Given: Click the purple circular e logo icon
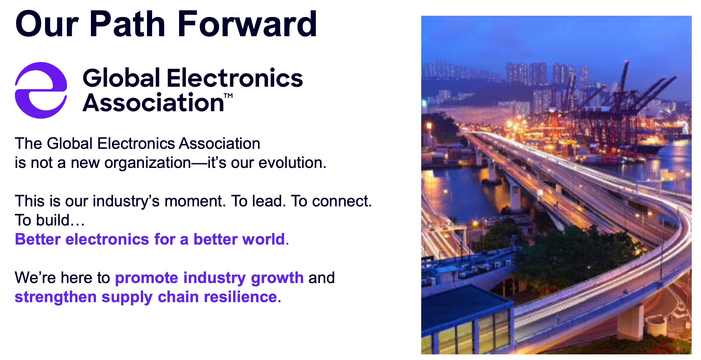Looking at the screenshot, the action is point(41,90).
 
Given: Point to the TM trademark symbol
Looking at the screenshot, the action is point(228,96).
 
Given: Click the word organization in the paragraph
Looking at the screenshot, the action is point(148,163).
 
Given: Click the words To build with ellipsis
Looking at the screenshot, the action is point(50,220).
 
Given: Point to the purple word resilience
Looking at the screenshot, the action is point(240,297).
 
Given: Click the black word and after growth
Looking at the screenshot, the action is point(322,278).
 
